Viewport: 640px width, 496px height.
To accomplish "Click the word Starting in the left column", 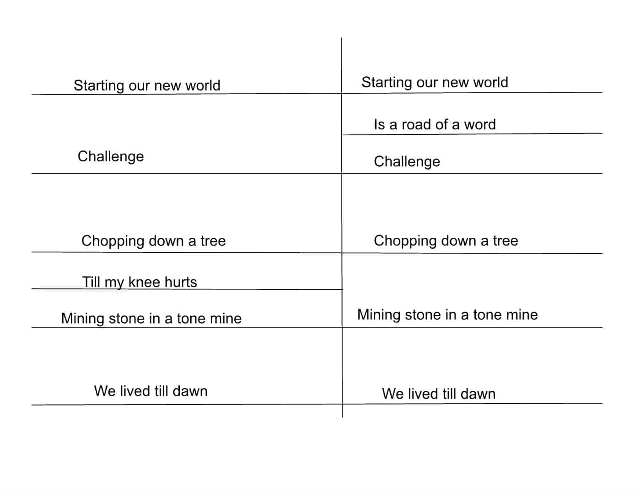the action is (99, 86).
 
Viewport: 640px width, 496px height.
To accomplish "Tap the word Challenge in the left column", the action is (111, 157).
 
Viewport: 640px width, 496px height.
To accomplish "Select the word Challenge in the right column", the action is (407, 162).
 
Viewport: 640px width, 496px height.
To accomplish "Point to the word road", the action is (416, 124).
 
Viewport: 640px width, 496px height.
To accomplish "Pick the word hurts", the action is (181, 282).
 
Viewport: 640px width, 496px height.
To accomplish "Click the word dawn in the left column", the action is (190, 391).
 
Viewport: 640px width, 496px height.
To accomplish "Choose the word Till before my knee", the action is (91, 282).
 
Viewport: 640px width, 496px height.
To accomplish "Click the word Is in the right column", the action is (380, 124).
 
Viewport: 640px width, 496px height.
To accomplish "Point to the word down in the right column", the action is (458, 240).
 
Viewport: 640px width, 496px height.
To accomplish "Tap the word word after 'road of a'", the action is (480, 124).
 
